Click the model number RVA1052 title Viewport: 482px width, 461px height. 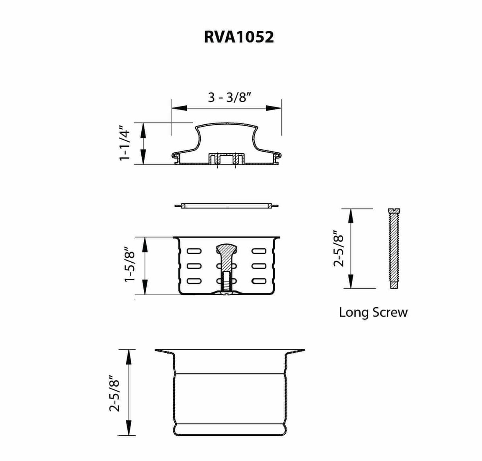click(x=239, y=37)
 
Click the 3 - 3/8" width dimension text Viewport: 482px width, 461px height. click(x=229, y=97)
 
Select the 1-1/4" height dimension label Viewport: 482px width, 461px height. click(x=125, y=144)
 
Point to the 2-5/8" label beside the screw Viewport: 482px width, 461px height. click(x=338, y=249)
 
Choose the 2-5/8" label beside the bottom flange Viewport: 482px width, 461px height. click(x=114, y=393)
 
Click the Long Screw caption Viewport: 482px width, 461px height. click(x=373, y=312)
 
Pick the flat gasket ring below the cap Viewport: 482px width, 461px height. click(x=226, y=206)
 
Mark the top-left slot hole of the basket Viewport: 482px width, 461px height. click(x=194, y=251)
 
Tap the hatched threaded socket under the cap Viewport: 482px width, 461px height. click(x=226, y=159)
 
